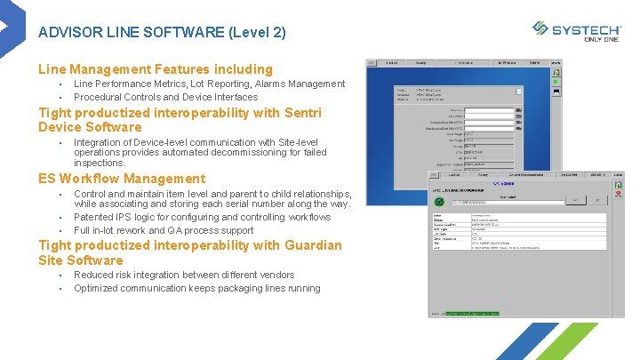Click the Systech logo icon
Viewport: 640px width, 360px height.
(x=540, y=28)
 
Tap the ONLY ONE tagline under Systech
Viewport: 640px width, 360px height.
(x=602, y=39)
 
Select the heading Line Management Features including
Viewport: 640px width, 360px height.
(x=156, y=69)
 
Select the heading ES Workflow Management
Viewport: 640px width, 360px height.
(x=122, y=179)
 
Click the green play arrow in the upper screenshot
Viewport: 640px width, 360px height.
(x=556, y=81)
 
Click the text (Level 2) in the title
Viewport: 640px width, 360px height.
(x=258, y=33)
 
